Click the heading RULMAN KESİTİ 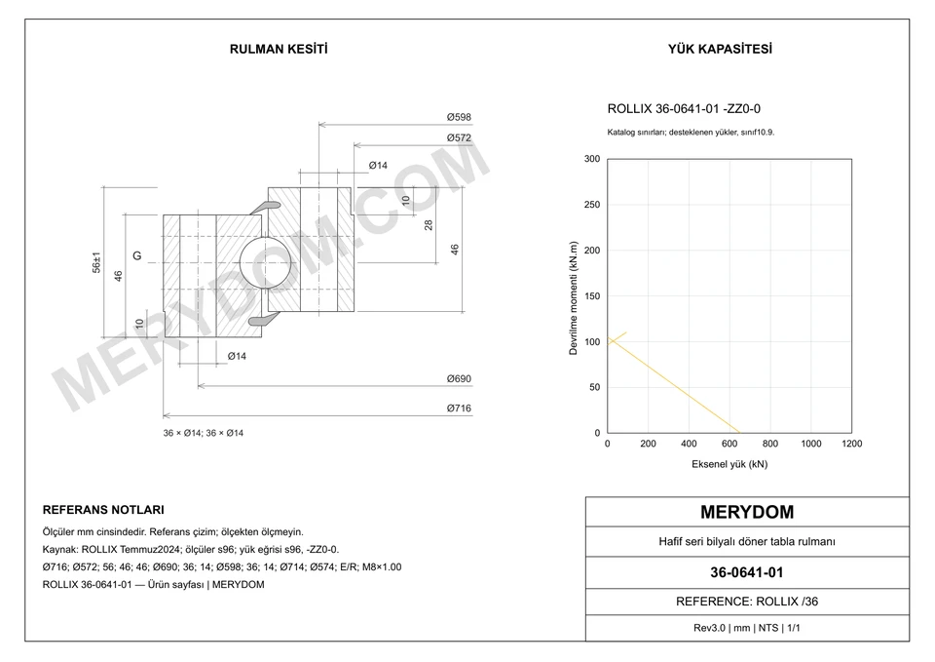pyautogui.click(x=279, y=49)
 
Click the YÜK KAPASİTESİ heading pyautogui.click(x=720, y=49)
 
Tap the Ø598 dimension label pyautogui.click(x=459, y=118)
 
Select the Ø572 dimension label pyautogui.click(x=459, y=137)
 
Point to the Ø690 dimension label pyautogui.click(x=459, y=379)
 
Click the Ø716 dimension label pyautogui.click(x=459, y=409)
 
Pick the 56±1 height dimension pyautogui.click(x=96, y=262)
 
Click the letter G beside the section pyautogui.click(x=137, y=256)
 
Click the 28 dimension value pyautogui.click(x=429, y=225)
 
